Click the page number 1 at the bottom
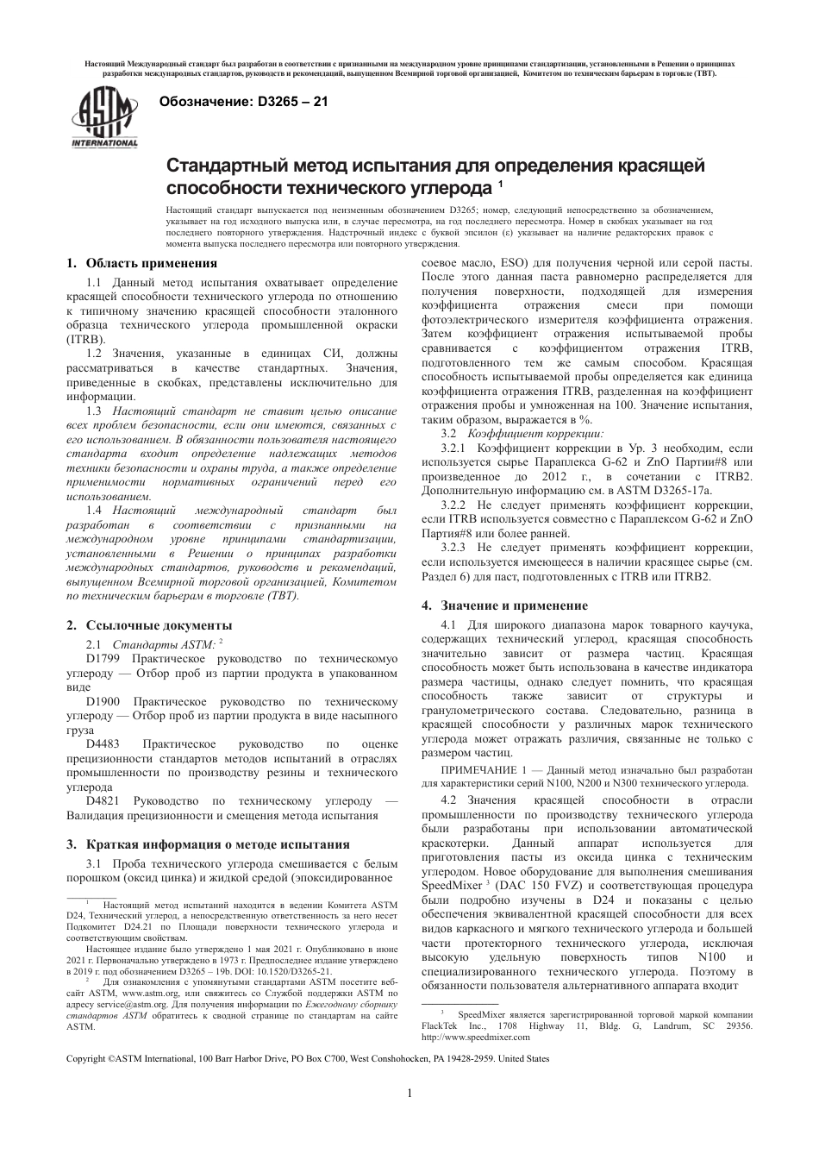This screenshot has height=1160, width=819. (x=409, y=1094)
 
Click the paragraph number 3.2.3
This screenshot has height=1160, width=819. (x=453, y=547)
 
